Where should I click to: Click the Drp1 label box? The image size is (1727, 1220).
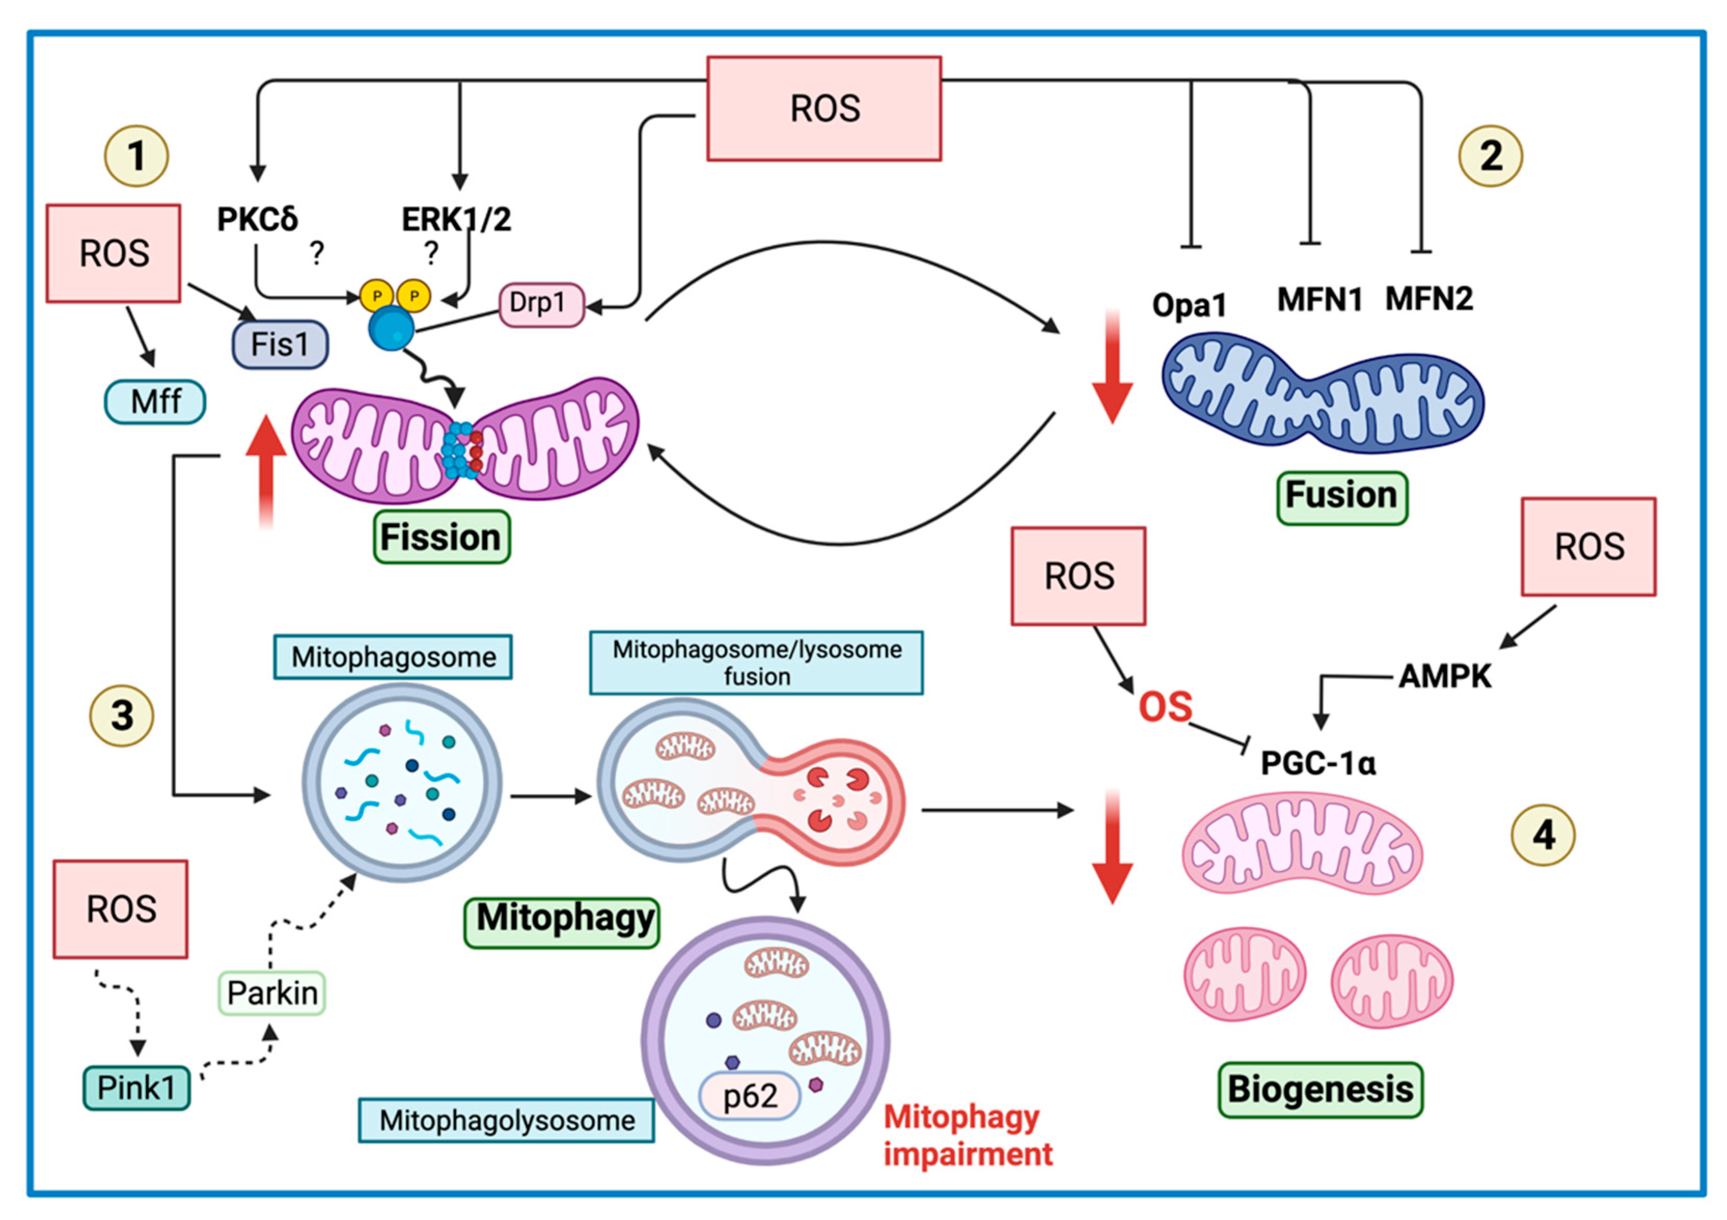pos(541,304)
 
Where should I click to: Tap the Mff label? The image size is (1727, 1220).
pos(155,401)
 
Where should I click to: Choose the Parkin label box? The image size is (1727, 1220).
pos(271,993)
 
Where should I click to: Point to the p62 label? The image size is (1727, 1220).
pos(750,1096)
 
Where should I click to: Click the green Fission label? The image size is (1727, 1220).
pos(441,537)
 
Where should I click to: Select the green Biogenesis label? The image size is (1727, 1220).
pos(1320,1089)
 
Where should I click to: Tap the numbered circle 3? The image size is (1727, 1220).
pos(122,715)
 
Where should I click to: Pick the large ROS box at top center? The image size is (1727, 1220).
pos(824,108)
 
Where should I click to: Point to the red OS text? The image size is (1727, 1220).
pos(1165,706)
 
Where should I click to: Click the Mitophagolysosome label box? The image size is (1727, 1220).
pos(506,1120)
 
